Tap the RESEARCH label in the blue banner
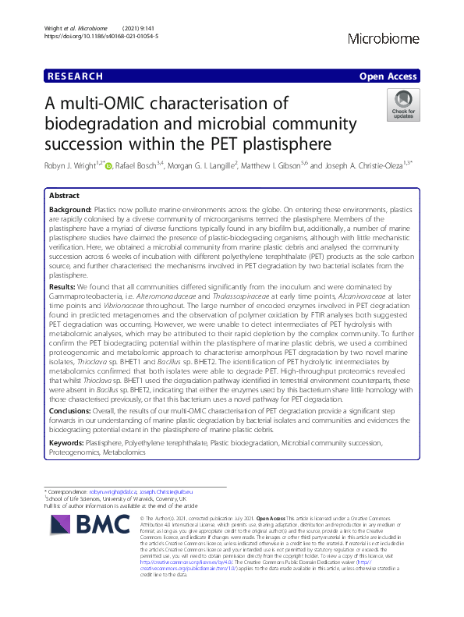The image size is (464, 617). click(75, 76)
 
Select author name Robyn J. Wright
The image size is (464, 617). click(73, 165)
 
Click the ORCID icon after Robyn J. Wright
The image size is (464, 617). click(109, 165)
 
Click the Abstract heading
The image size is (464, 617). click(64, 196)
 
